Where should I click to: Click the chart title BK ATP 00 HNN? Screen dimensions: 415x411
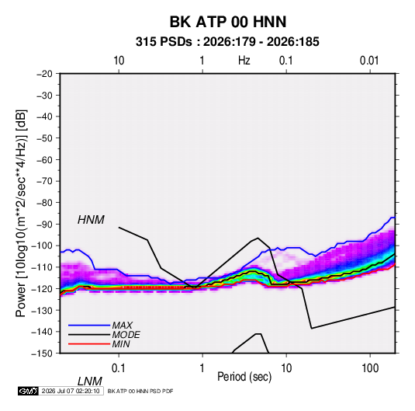[x=228, y=22]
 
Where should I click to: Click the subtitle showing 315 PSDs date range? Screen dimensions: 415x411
[x=227, y=42]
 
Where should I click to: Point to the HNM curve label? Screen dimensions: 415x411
[x=91, y=220]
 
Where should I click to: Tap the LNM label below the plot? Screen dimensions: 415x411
[x=90, y=381]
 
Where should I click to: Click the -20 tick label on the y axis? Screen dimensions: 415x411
[x=44, y=74]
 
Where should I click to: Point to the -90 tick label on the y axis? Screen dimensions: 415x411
[x=44, y=225]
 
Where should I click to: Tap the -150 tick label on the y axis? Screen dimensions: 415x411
[x=42, y=354]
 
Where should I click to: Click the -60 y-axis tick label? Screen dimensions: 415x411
[x=44, y=159]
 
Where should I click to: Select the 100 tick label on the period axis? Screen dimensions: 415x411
[x=370, y=368]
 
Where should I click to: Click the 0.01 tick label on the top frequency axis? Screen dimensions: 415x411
[x=369, y=61]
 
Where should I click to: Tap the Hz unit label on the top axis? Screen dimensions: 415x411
[x=244, y=61]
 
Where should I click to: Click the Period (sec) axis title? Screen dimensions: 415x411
[x=244, y=377]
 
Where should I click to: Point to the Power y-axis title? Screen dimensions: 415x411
[x=21, y=213]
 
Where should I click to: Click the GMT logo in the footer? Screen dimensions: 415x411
[x=29, y=391]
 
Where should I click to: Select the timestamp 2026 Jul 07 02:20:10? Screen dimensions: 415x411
[x=71, y=391]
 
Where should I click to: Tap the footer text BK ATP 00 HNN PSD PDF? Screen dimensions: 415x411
[x=140, y=391]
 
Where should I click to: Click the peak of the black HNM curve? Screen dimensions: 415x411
[x=258, y=238]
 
